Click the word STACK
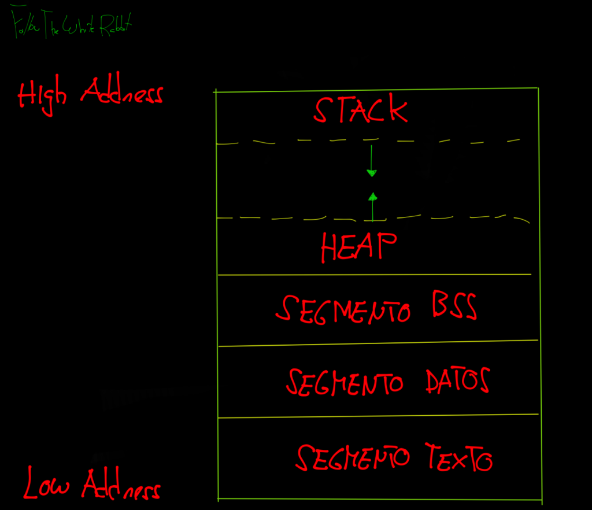click(361, 110)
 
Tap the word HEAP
click(359, 248)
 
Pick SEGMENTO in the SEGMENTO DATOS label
click(345, 382)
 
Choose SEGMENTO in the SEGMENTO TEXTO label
click(353, 458)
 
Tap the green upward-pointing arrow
click(373, 206)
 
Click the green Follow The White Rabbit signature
click(72, 25)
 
